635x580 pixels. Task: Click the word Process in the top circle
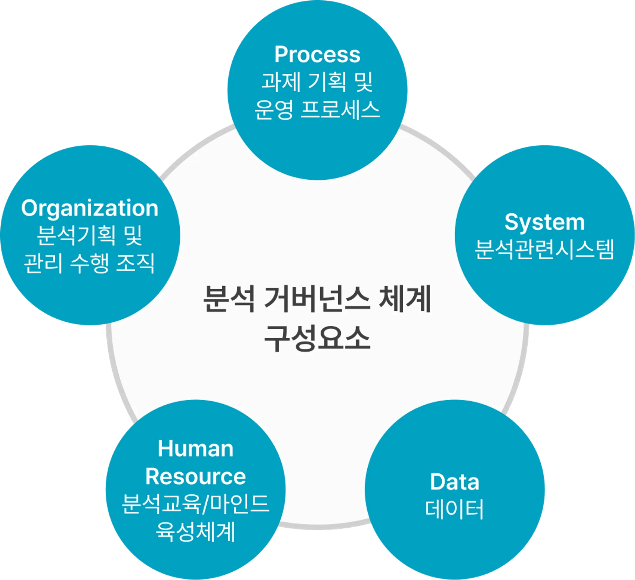pos(317,55)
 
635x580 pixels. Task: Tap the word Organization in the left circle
pos(90,209)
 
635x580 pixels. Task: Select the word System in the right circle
pos(545,222)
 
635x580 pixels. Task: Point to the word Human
pos(196,449)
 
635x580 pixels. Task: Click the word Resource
pos(196,477)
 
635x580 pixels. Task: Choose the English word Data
pos(455,482)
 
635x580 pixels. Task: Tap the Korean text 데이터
pos(455,509)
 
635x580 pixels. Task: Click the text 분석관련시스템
pos(545,250)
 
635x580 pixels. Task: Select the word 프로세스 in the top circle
pos(340,110)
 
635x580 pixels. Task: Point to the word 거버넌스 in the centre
pos(317,299)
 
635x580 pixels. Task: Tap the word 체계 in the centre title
pos(405,299)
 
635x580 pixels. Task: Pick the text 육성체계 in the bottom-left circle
pos(196,531)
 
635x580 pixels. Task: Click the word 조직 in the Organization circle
pos(136,263)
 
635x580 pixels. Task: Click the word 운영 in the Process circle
pos(274,110)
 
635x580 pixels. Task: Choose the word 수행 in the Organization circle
pos(90,263)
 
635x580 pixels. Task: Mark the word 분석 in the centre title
pos(229,299)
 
